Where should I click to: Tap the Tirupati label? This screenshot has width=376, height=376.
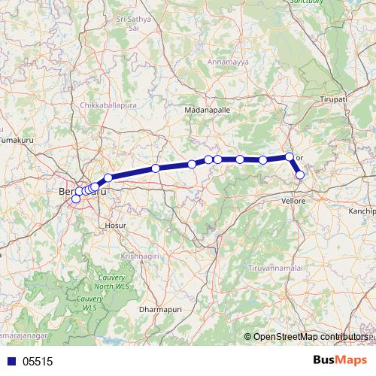tap(332, 99)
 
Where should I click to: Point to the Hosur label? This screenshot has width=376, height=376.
tap(115, 224)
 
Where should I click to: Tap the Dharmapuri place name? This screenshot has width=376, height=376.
tap(159, 308)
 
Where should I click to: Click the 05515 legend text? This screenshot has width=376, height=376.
tap(38, 361)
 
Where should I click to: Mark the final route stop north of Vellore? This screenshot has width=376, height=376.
tap(300, 174)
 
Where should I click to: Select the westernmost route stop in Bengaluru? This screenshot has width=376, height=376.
tap(75, 199)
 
